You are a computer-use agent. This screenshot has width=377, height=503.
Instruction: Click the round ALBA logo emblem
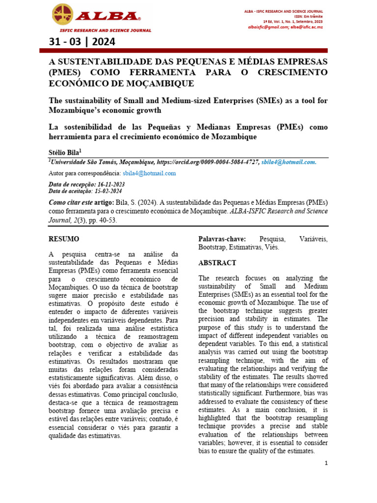[x=62, y=14]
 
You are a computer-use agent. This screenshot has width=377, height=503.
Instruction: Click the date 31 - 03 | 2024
[x=82, y=42]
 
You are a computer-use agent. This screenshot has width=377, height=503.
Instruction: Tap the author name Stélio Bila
[x=67, y=152]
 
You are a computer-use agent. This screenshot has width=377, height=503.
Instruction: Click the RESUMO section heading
[x=64, y=239]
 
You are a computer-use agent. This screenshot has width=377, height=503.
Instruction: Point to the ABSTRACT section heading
[x=217, y=263]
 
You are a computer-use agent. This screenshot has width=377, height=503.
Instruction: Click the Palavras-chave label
[x=222, y=239]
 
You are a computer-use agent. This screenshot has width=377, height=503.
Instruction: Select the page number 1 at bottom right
[x=325, y=463]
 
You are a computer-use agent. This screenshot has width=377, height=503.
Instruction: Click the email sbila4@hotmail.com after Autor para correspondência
[x=149, y=173]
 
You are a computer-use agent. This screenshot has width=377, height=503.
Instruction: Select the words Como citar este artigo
[x=81, y=202]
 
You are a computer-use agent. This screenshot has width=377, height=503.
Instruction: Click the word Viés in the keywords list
[x=272, y=247]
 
